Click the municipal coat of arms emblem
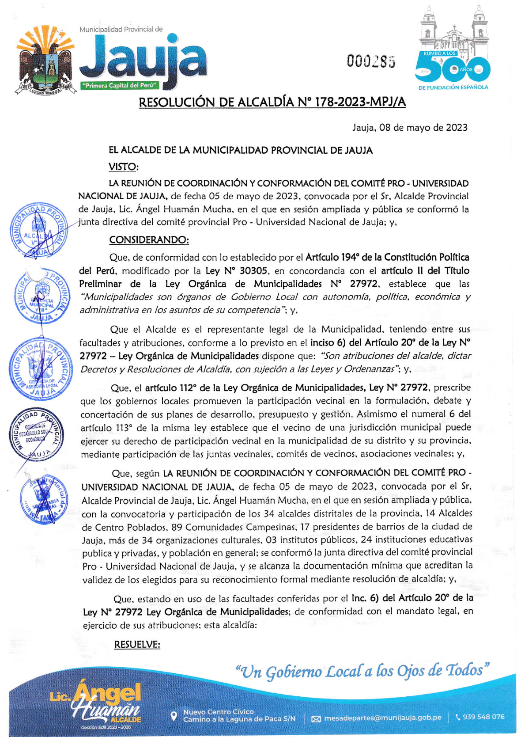coord(44,62)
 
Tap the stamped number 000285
coord(371,61)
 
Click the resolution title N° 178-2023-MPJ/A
coord(272,103)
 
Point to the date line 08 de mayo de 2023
coord(409,128)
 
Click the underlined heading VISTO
coord(123,167)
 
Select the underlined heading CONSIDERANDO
coord(149,240)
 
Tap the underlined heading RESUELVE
coord(137,645)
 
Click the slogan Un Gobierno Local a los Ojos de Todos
coord(362,671)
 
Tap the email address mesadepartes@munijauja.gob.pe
coord(382,718)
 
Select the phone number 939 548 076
coord(483,717)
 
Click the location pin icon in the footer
coord(174,716)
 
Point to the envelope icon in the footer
coord(316,718)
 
